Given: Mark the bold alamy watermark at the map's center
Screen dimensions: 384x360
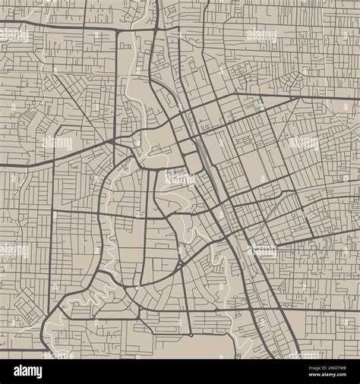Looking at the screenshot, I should pyautogui.click(x=180, y=179).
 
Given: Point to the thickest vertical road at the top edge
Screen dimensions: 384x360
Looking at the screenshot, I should pyautogui.click(x=156, y=15).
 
